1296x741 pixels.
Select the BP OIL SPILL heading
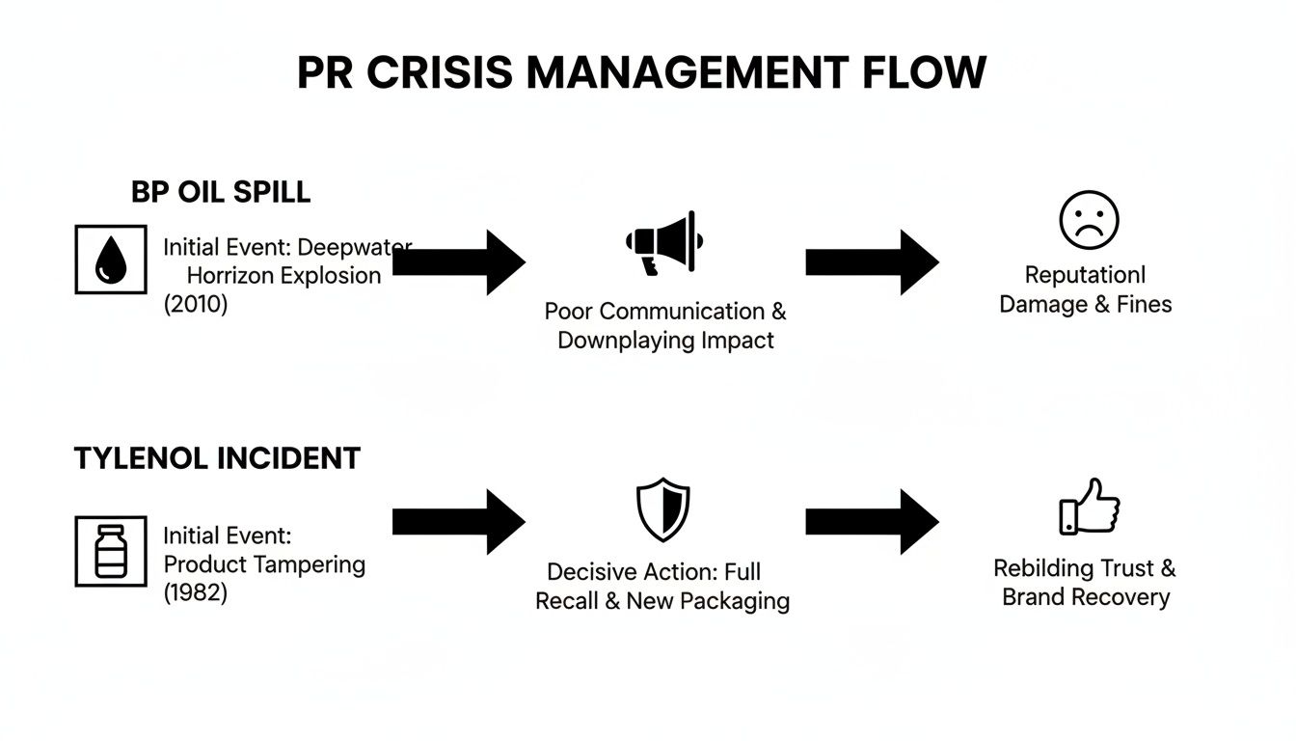pos(221,192)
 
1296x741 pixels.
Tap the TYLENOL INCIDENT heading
pos(217,458)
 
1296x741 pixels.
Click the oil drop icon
pos(111,260)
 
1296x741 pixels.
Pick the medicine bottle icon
pos(111,551)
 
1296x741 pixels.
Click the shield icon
pos(663,510)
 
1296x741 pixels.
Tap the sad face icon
pos(1089,220)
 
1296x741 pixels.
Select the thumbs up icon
pos(1089,506)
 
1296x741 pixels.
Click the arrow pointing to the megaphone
pos(459,261)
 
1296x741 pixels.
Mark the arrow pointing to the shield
pos(459,522)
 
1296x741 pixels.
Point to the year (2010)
pos(196,305)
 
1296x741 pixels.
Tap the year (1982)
pos(196,592)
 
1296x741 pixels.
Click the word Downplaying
pos(621,341)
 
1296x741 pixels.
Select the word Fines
pos(1144,305)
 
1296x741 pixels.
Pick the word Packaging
pos(736,601)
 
